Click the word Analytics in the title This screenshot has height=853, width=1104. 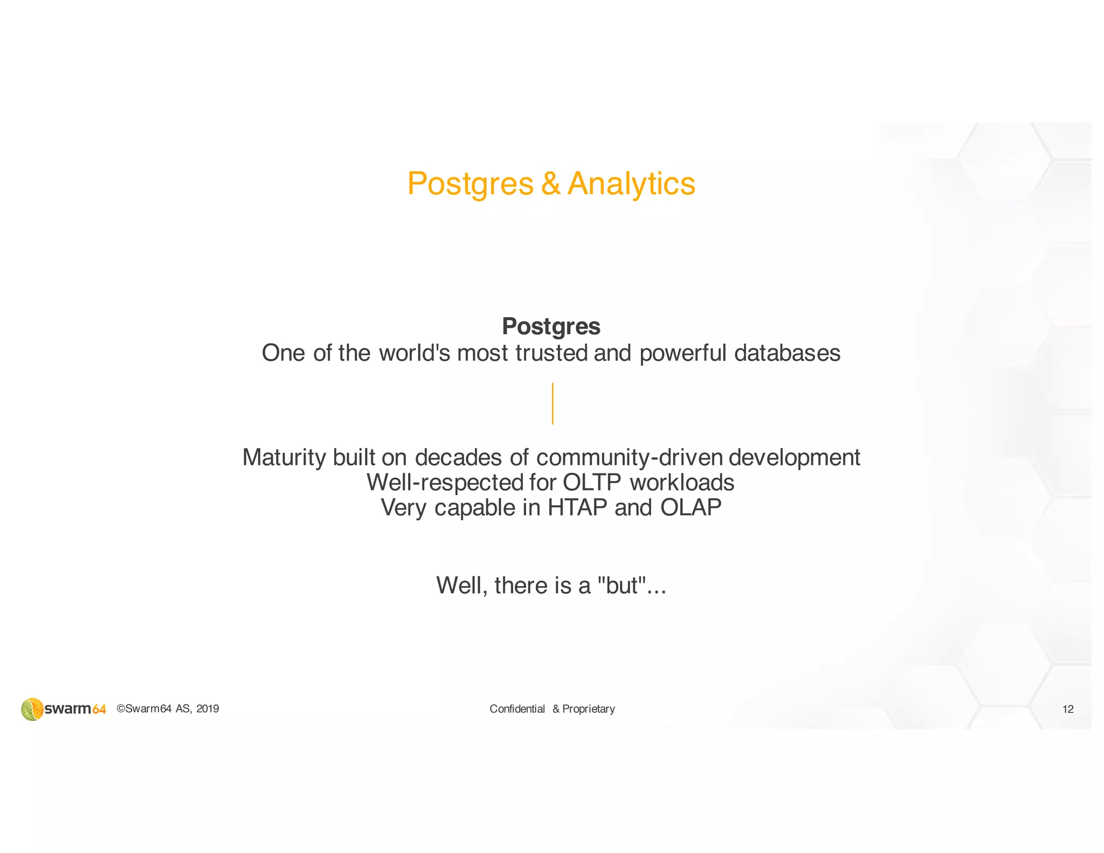[631, 184]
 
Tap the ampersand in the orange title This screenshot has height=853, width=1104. [550, 184]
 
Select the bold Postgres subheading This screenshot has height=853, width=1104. [551, 326]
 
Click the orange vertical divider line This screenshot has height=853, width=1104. [553, 403]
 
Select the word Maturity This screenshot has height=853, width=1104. [284, 457]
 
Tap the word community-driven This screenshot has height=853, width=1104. [629, 457]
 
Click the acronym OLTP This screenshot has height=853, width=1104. [591, 483]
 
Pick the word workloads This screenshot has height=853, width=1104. [682, 483]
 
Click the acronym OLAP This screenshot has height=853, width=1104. [691, 507]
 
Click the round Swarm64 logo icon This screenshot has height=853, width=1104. [32, 709]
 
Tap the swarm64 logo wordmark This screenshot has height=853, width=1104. [75, 709]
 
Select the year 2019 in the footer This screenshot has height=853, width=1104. [208, 708]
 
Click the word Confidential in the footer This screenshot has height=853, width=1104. [517, 709]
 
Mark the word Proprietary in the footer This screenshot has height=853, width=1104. [588, 709]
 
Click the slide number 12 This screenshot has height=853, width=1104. [1067, 709]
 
